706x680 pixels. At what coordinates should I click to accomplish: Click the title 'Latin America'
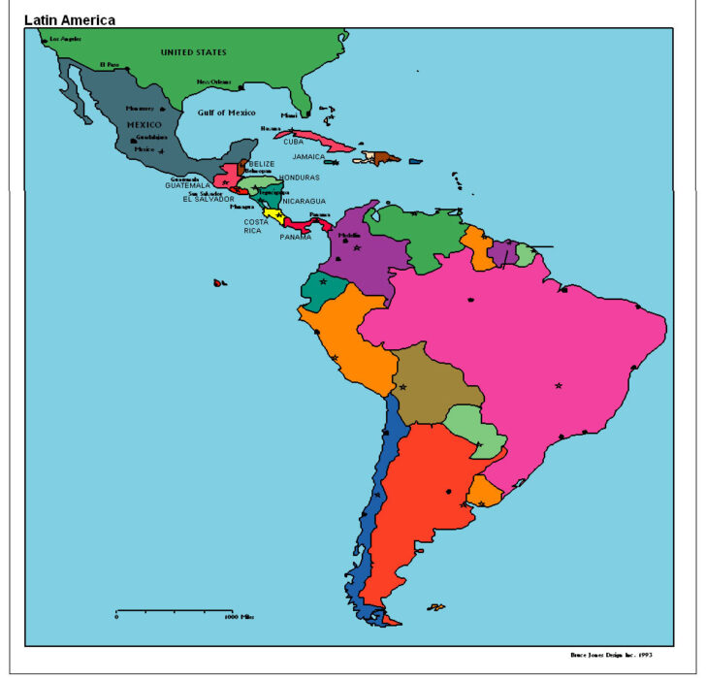pyautogui.click(x=69, y=19)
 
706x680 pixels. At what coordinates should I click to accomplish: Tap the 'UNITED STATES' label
pyautogui.click(x=193, y=51)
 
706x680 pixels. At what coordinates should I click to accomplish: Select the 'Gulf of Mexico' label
pyautogui.click(x=226, y=113)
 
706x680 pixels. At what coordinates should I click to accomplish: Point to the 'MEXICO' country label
pyautogui.click(x=144, y=124)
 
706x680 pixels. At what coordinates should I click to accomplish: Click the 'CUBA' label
pyautogui.click(x=294, y=142)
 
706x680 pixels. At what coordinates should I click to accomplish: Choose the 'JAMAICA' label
pyautogui.click(x=309, y=156)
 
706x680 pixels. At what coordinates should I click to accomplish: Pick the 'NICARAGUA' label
pyautogui.click(x=305, y=202)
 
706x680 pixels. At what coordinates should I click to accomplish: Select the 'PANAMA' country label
pyautogui.click(x=296, y=237)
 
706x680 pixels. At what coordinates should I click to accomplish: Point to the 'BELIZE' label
pyautogui.click(x=262, y=164)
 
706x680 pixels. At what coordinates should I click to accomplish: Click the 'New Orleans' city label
pyautogui.click(x=215, y=82)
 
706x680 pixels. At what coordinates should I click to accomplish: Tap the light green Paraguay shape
pyautogui.click(x=472, y=428)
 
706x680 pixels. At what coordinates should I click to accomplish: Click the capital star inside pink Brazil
pyautogui.click(x=559, y=386)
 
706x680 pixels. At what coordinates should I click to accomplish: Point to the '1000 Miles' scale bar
pyautogui.click(x=175, y=612)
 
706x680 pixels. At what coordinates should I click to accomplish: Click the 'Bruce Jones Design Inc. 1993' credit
pyautogui.click(x=611, y=655)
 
